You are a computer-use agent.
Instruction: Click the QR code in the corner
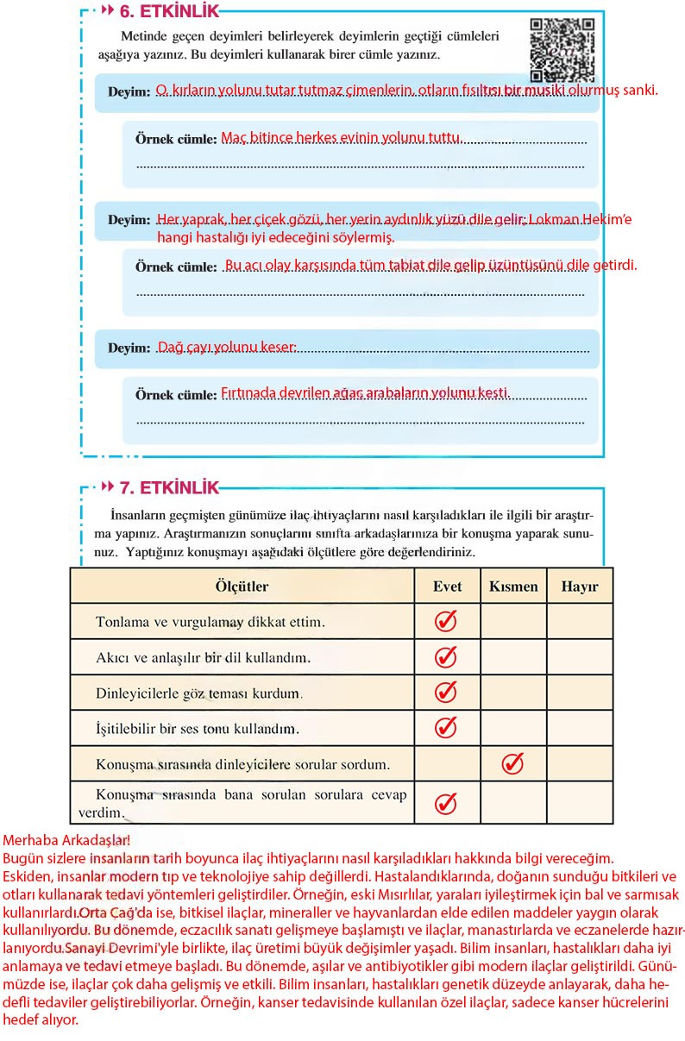pyautogui.click(x=562, y=50)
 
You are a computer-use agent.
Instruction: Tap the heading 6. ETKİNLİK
pyautogui.click(x=169, y=11)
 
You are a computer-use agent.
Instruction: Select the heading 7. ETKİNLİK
pyautogui.click(x=169, y=487)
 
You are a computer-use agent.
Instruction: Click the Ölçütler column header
pyautogui.click(x=242, y=586)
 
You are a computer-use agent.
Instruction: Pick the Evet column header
pyautogui.click(x=447, y=586)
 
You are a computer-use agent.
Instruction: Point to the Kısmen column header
pyautogui.click(x=513, y=586)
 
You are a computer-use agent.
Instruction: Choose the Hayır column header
pyautogui.click(x=579, y=586)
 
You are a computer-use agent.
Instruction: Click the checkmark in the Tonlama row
pyautogui.click(x=445, y=621)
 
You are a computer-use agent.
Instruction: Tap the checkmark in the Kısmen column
pyautogui.click(x=512, y=763)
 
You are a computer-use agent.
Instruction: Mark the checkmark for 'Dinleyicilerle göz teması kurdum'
pyautogui.click(x=445, y=692)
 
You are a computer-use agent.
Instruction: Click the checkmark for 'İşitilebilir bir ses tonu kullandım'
pyautogui.click(x=445, y=727)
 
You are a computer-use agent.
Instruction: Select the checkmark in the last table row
pyautogui.click(x=445, y=803)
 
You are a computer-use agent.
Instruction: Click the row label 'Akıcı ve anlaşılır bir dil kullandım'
pyautogui.click(x=204, y=657)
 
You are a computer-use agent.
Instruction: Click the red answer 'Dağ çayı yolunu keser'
pyautogui.click(x=227, y=348)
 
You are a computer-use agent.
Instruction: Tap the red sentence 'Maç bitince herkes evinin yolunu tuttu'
pyautogui.click(x=342, y=137)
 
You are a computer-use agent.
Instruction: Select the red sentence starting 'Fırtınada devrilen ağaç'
pyautogui.click(x=366, y=392)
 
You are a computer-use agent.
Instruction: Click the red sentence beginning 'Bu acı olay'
pyautogui.click(x=430, y=265)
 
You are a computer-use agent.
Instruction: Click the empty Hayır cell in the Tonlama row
pyautogui.click(x=579, y=621)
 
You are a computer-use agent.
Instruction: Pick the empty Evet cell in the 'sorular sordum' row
pyautogui.click(x=447, y=763)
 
